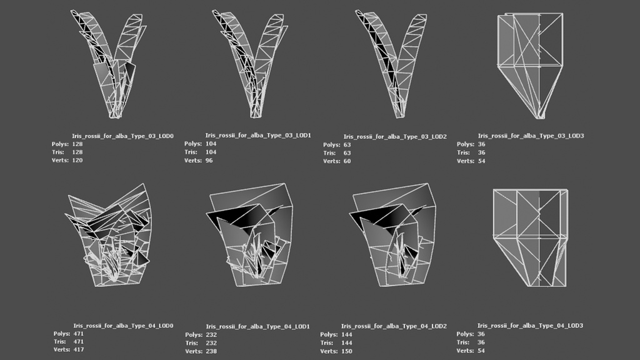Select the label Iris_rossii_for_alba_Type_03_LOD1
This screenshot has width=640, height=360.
point(258,135)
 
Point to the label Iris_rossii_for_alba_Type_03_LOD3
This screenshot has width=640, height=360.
point(531,136)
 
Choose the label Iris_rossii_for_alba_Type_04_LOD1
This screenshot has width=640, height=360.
point(258,326)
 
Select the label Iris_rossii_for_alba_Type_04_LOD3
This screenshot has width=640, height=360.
point(531,326)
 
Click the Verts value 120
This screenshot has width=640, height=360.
point(77,161)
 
